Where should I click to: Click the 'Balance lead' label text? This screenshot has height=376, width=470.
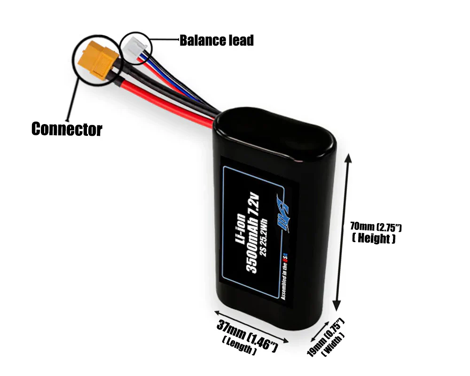[216, 40]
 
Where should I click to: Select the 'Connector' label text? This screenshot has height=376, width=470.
[66, 128]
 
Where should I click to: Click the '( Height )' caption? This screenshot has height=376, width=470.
[374, 238]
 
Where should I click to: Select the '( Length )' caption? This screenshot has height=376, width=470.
[239, 347]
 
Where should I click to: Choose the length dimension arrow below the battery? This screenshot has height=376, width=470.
[251, 325]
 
